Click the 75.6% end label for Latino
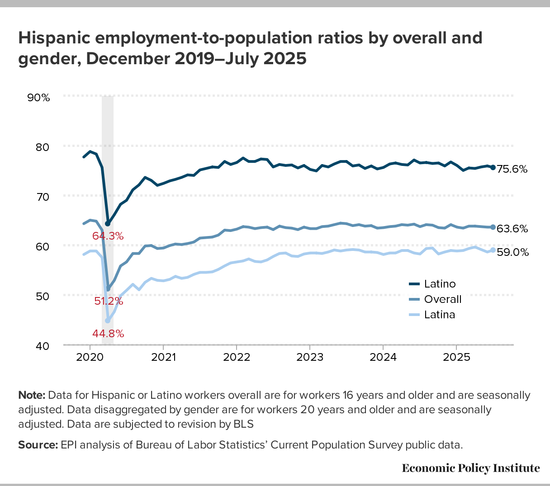tap(512, 169)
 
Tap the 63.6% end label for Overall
tap(512, 229)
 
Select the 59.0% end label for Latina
tap(512, 252)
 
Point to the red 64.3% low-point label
tap(108, 236)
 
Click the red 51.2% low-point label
tap(109, 301)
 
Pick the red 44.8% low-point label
tap(108, 334)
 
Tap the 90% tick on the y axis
tap(38, 97)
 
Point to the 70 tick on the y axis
tap(42, 196)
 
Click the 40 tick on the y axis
tap(42, 346)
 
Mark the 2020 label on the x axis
tap(90, 357)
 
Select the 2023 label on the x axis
tap(309, 357)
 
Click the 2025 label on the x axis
tap(456, 357)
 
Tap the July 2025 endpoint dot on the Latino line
tap(493, 167)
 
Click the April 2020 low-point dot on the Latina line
tap(108, 321)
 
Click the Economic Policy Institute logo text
tap(470, 468)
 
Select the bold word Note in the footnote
tap(31, 395)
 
